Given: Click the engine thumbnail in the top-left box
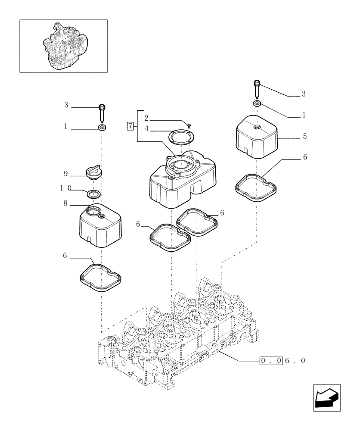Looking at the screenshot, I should coord(63,46).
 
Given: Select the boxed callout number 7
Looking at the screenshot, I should coord(130,126).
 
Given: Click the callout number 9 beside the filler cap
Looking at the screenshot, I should coord(66,174).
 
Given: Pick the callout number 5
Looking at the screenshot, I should coord(304,136).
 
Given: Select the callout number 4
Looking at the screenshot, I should coord(146,128).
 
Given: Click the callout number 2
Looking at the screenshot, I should coord(146,118).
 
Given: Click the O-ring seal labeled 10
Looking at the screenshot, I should coord(93,194).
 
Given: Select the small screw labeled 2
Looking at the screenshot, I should coord(189,125).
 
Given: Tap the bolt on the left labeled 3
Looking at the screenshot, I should coord(102,112).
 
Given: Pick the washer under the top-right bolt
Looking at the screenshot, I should coord(257,104).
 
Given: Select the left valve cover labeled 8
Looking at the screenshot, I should coord(101,226).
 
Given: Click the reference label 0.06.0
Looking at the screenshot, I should coord(282,360).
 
